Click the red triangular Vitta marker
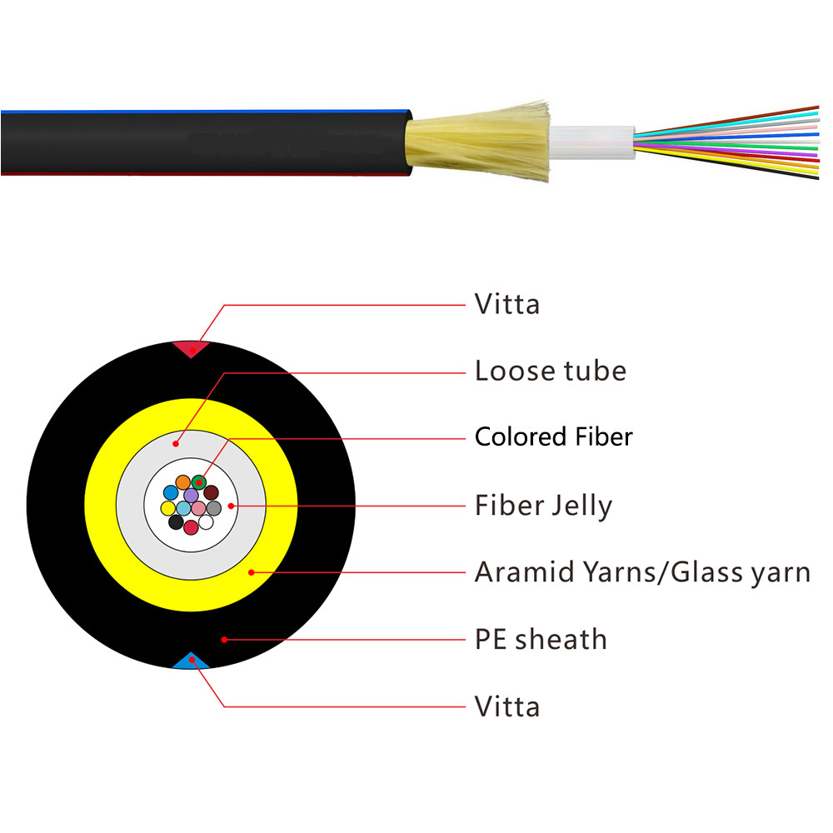pos(192,347)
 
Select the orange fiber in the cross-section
pos(182,481)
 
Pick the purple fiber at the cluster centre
pos(191,495)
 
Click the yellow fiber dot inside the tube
pos(167,507)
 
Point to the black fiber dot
pos(176,521)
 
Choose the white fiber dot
pos(205,521)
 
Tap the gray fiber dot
pos(213,507)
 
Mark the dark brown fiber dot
pos(211,492)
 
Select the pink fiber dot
pos(198,507)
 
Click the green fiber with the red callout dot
pos(198,481)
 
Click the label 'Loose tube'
pos(550,370)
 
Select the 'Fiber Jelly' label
pos(543,505)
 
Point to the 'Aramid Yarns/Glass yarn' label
pos(641,572)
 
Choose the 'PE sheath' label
pos(540,639)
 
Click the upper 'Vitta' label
pos(506,304)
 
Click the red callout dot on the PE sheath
pos(223,639)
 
